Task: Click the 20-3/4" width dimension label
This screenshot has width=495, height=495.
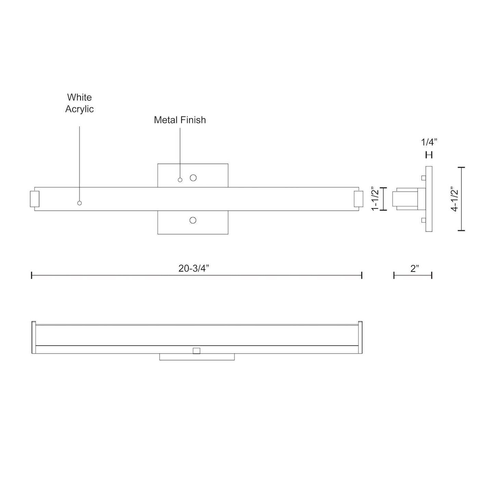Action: (x=194, y=269)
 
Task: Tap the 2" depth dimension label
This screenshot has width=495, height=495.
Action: (x=415, y=269)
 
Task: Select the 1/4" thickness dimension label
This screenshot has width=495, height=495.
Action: (x=429, y=142)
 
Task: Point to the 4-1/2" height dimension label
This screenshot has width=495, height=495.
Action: (x=455, y=199)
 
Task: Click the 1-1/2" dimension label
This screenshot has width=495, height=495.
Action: (x=376, y=199)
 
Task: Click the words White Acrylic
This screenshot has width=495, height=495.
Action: (x=79, y=103)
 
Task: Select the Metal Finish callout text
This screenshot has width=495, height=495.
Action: (x=180, y=120)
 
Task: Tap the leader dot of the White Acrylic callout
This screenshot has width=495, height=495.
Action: (x=79, y=203)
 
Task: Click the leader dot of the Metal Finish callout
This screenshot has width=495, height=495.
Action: (x=180, y=180)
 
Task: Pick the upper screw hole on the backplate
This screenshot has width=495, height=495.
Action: (x=193, y=178)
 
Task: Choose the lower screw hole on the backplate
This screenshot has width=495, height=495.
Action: (x=193, y=220)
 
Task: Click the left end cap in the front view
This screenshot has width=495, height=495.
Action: (x=35, y=199)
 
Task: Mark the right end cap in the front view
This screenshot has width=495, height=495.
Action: (x=358, y=199)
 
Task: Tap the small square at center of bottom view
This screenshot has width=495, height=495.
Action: (x=196, y=350)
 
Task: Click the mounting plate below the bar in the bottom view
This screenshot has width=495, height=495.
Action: (x=197, y=357)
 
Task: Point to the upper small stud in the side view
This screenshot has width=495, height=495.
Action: (x=424, y=178)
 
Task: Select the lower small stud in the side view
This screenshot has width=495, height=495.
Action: (x=424, y=220)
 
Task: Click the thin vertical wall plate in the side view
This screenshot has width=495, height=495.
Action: (x=429, y=199)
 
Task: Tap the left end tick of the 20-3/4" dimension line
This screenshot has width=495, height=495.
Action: (x=32, y=275)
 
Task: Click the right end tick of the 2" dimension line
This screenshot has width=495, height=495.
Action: (x=432, y=275)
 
